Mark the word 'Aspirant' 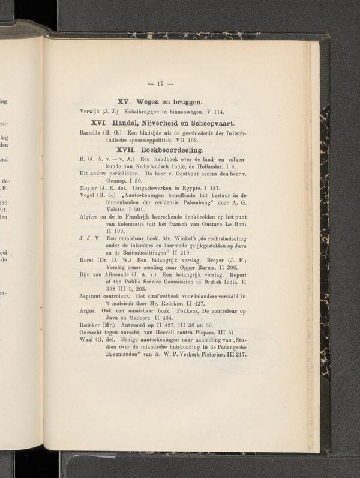coord(93,296)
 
